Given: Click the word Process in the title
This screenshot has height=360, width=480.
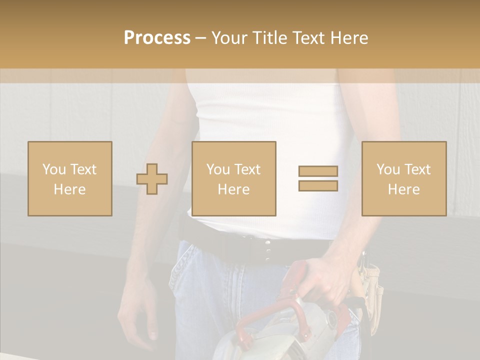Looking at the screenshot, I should [157, 38].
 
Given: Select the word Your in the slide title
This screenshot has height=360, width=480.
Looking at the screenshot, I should [230, 38].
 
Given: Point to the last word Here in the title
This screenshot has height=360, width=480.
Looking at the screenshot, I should [349, 38].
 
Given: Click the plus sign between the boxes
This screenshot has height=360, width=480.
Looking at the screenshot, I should [152, 179].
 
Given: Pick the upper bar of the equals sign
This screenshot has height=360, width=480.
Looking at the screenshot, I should [318, 171].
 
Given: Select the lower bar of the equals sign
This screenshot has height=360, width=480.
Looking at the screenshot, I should [318, 185].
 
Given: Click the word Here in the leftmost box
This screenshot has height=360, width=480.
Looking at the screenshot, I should [69, 189].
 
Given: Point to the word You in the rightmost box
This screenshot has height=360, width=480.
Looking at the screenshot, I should [388, 169].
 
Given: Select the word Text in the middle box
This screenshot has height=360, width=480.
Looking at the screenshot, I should [247, 169].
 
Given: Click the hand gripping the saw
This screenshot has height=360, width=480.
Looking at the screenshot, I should [325, 280].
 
